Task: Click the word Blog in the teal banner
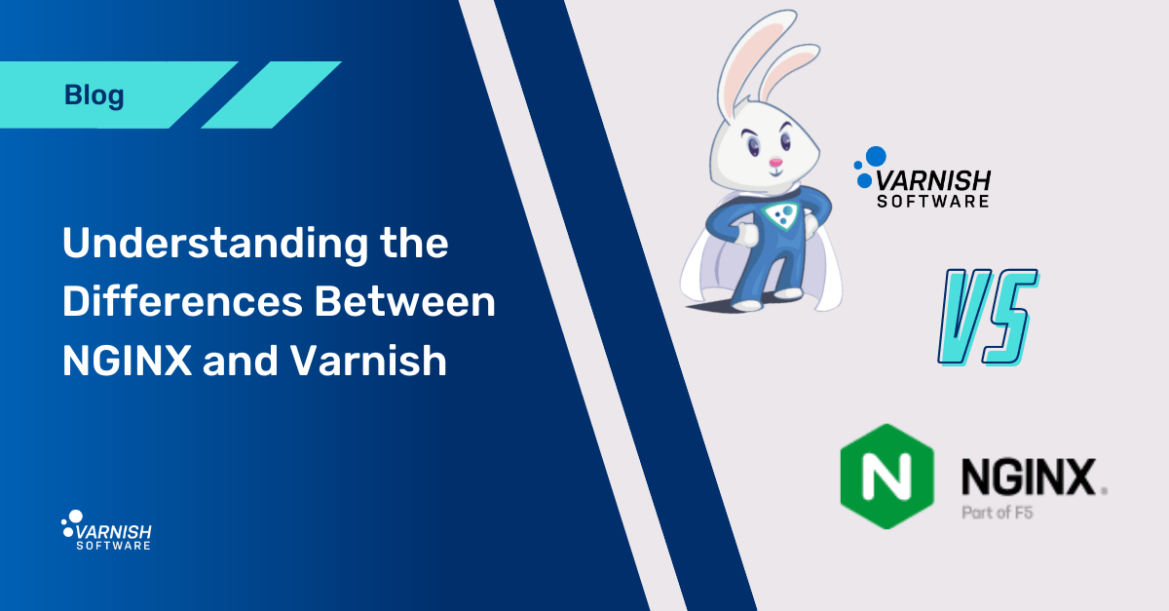[94, 95]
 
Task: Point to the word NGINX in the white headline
[126, 362]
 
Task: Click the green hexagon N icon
[886, 476]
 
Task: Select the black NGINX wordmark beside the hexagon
[1029, 477]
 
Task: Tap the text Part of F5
[997, 512]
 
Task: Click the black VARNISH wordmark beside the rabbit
[934, 180]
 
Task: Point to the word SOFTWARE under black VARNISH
[934, 202]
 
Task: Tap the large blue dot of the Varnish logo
[876, 155]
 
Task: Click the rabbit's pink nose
[775, 162]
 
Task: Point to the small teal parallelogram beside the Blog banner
[271, 95]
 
